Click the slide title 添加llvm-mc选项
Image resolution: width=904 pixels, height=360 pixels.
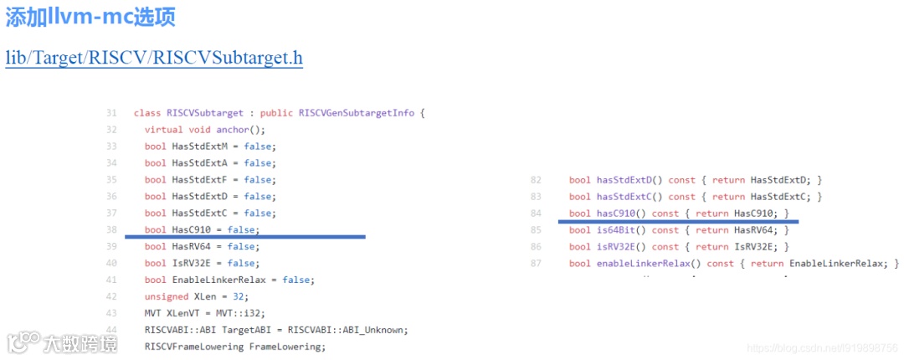click(x=90, y=18)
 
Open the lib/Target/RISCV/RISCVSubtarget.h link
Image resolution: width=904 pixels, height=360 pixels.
click(x=154, y=58)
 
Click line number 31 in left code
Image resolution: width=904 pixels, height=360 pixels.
click(x=111, y=113)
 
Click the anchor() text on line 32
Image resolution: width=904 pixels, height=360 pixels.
click(x=240, y=130)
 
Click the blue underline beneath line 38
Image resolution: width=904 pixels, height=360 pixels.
click(x=244, y=237)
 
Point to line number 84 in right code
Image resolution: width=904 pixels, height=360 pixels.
click(x=537, y=213)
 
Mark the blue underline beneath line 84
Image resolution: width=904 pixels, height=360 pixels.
click(x=679, y=222)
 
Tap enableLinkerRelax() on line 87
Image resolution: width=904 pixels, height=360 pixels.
click(x=649, y=264)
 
